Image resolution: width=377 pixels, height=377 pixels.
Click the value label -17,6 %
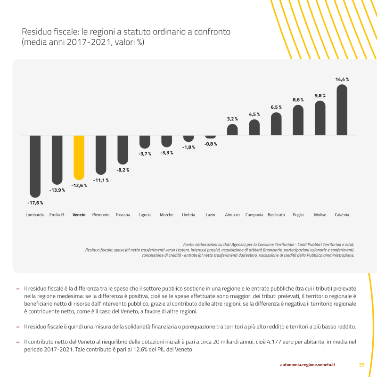(x=35, y=203)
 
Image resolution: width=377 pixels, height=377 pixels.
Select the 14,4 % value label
(x=342, y=80)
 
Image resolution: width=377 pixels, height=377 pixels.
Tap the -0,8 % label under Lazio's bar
(x=211, y=144)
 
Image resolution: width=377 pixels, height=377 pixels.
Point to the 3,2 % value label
(x=232, y=119)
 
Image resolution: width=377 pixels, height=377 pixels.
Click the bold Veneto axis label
(x=79, y=215)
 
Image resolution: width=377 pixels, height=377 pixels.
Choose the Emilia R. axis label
(x=57, y=215)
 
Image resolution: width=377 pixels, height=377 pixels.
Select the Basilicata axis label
(x=276, y=215)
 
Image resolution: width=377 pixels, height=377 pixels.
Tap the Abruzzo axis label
(x=232, y=215)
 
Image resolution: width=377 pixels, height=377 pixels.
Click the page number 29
(x=362, y=364)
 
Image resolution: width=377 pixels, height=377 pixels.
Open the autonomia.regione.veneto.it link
(x=307, y=364)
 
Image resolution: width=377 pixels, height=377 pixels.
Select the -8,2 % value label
(x=123, y=170)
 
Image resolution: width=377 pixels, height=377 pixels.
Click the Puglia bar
(x=298, y=120)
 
